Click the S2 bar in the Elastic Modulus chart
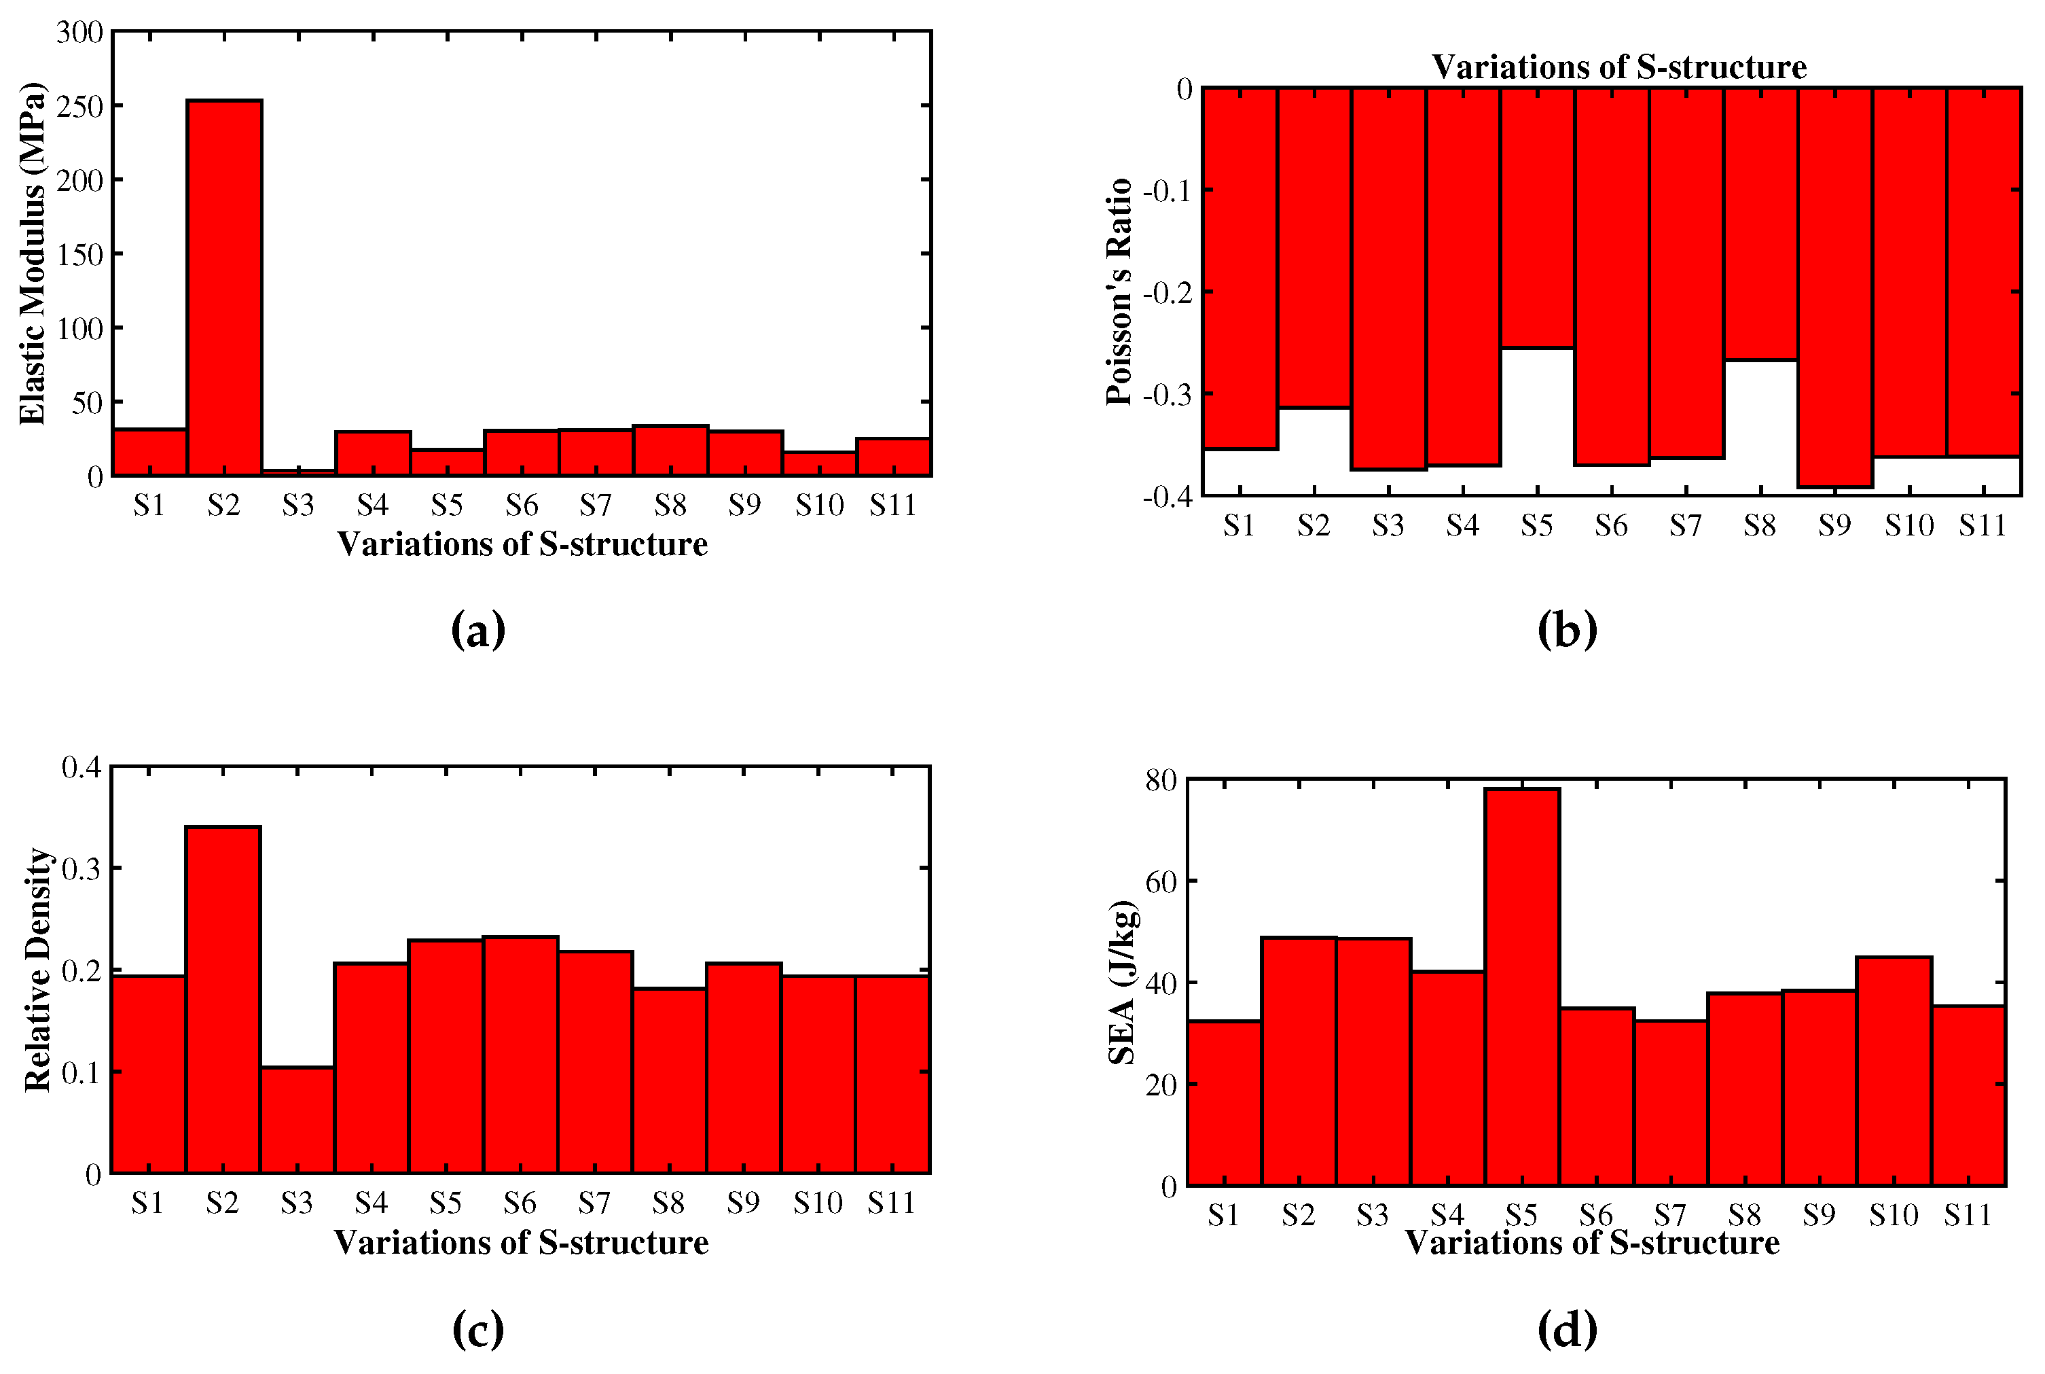tap(224, 289)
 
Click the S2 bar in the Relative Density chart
tap(223, 1000)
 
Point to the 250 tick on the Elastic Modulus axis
tap(79, 107)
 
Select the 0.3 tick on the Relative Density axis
tap(82, 868)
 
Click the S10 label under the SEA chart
tap(1894, 1216)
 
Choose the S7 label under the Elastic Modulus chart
tap(596, 506)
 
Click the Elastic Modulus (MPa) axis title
tap(33, 254)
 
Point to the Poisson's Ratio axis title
tap(1119, 292)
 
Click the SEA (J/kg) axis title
tap(1122, 983)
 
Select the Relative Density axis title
tap(37, 970)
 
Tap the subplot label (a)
tap(478, 630)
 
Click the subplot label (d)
tap(1567, 1331)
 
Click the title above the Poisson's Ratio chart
tap(1618, 67)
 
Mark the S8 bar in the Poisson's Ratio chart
tap(1760, 224)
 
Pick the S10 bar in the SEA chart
tap(1894, 1072)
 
